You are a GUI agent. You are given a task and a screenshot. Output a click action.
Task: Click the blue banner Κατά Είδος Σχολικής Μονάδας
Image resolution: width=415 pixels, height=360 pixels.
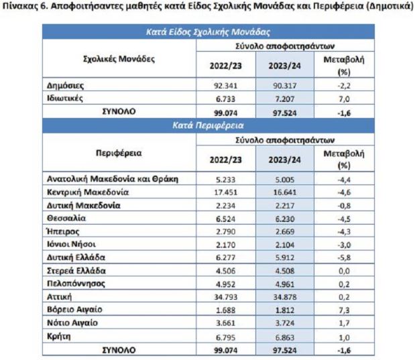pyautogui.click(x=209, y=32)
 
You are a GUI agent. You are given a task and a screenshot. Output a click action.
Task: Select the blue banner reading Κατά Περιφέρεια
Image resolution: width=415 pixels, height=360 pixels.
pyautogui.click(x=209, y=125)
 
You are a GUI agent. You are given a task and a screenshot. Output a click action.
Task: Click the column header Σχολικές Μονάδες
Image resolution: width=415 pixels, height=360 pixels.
pyautogui.click(x=119, y=59)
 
